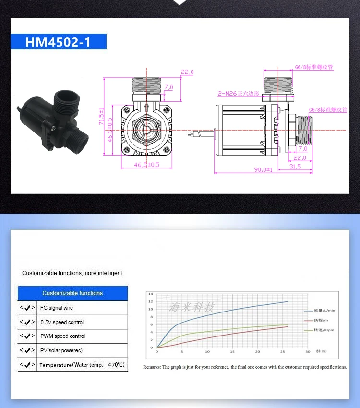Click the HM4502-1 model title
point(58,42)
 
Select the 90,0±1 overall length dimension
point(264,169)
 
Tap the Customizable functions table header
point(72,293)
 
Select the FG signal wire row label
point(56,308)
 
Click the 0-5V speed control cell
point(61,322)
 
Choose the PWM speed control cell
point(62,336)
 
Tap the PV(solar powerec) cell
point(61,350)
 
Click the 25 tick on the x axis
point(283,352)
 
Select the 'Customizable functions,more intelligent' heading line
point(72,273)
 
